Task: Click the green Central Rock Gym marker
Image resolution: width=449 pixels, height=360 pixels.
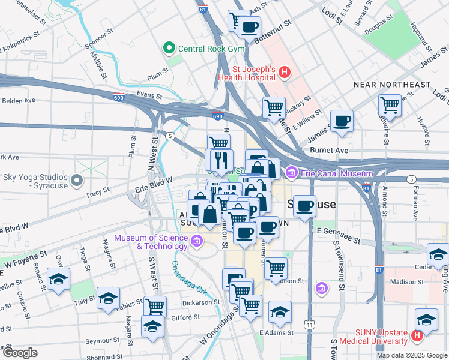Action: click(x=170, y=47)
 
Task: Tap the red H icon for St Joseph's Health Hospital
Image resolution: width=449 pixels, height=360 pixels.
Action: click(x=285, y=73)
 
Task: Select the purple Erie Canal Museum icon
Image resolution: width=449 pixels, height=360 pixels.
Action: click(x=292, y=173)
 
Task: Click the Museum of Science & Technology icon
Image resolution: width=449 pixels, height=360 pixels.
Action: click(x=196, y=241)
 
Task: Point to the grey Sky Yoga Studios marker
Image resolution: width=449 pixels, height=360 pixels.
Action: click(x=76, y=180)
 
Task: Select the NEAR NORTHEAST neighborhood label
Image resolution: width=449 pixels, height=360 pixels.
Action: click(x=392, y=85)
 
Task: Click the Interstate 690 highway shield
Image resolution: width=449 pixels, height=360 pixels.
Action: click(x=217, y=117)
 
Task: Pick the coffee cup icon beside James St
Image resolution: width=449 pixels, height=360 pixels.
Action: click(x=342, y=121)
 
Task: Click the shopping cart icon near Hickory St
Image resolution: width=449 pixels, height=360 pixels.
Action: click(x=274, y=108)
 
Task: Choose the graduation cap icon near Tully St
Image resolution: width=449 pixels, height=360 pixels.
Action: click(x=108, y=298)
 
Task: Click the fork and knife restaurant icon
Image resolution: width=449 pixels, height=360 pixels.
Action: click(x=219, y=160)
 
